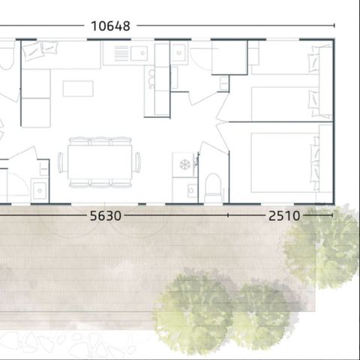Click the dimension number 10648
tap(110, 25)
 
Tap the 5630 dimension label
tap(105, 216)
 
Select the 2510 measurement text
tap(283, 216)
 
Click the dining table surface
tap(100, 162)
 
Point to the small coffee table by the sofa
tap(78, 88)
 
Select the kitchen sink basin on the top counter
tap(139, 52)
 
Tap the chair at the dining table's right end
tap(138, 162)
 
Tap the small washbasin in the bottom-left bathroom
tap(39, 190)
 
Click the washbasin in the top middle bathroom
tap(178, 53)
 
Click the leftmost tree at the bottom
tap(187, 307)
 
